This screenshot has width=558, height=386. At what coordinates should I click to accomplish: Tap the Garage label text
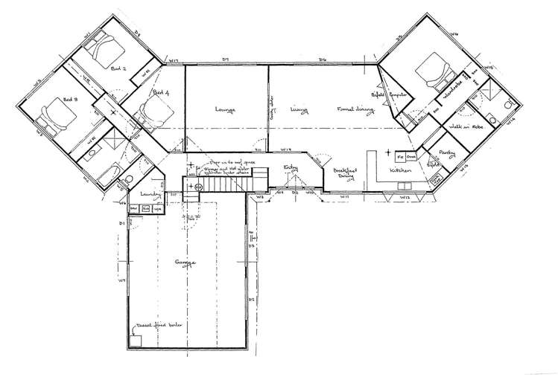[185, 263]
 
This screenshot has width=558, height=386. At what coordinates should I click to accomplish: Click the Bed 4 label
[162, 92]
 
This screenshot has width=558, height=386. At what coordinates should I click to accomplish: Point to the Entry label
[291, 169]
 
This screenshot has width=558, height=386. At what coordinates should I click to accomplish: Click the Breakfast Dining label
[345, 171]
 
